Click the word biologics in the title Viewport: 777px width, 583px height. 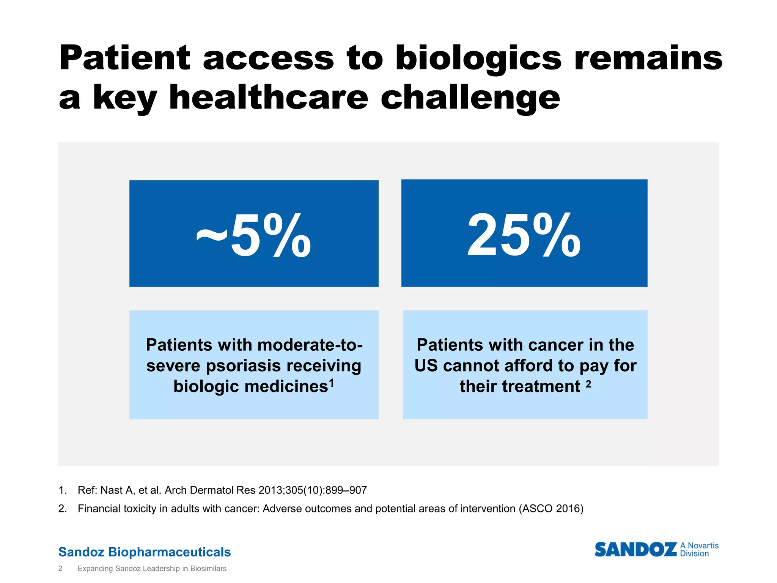coord(478,59)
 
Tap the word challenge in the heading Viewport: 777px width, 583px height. coord(470,98)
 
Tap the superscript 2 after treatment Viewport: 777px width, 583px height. coord(588,384)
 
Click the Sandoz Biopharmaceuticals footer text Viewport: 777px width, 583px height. coord(145,552)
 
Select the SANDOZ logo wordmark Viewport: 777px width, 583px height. coord(635,550)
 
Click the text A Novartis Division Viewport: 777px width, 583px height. coord(699,550)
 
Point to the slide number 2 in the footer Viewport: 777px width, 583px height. coord(60,569)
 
